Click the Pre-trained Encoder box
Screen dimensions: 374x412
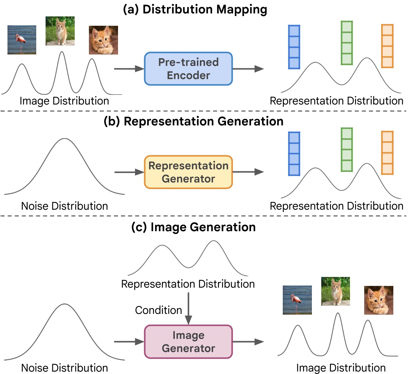188,69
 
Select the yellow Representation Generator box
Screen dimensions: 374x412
188,172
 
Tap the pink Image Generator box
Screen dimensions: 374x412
188,342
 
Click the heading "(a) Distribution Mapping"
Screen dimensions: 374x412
195,10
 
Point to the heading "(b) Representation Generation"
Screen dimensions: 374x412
193,122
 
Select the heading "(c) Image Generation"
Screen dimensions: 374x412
193,227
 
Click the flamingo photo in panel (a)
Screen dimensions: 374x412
22,40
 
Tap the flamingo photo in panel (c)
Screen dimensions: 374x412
297,300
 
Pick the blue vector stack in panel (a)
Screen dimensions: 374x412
294,47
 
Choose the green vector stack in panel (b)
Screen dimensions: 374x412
347,150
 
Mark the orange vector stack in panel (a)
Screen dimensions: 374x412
387,46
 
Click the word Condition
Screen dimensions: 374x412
158,310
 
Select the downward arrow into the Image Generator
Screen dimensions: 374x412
188,308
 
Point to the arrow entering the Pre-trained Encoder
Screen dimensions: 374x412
129,69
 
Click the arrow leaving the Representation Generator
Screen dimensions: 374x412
248,172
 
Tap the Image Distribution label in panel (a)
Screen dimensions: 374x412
64,101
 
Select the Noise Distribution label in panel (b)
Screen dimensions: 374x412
64,206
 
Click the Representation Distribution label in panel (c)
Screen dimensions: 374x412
188,284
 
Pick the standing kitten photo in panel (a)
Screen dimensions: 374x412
60,31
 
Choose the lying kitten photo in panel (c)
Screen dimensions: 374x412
378,300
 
